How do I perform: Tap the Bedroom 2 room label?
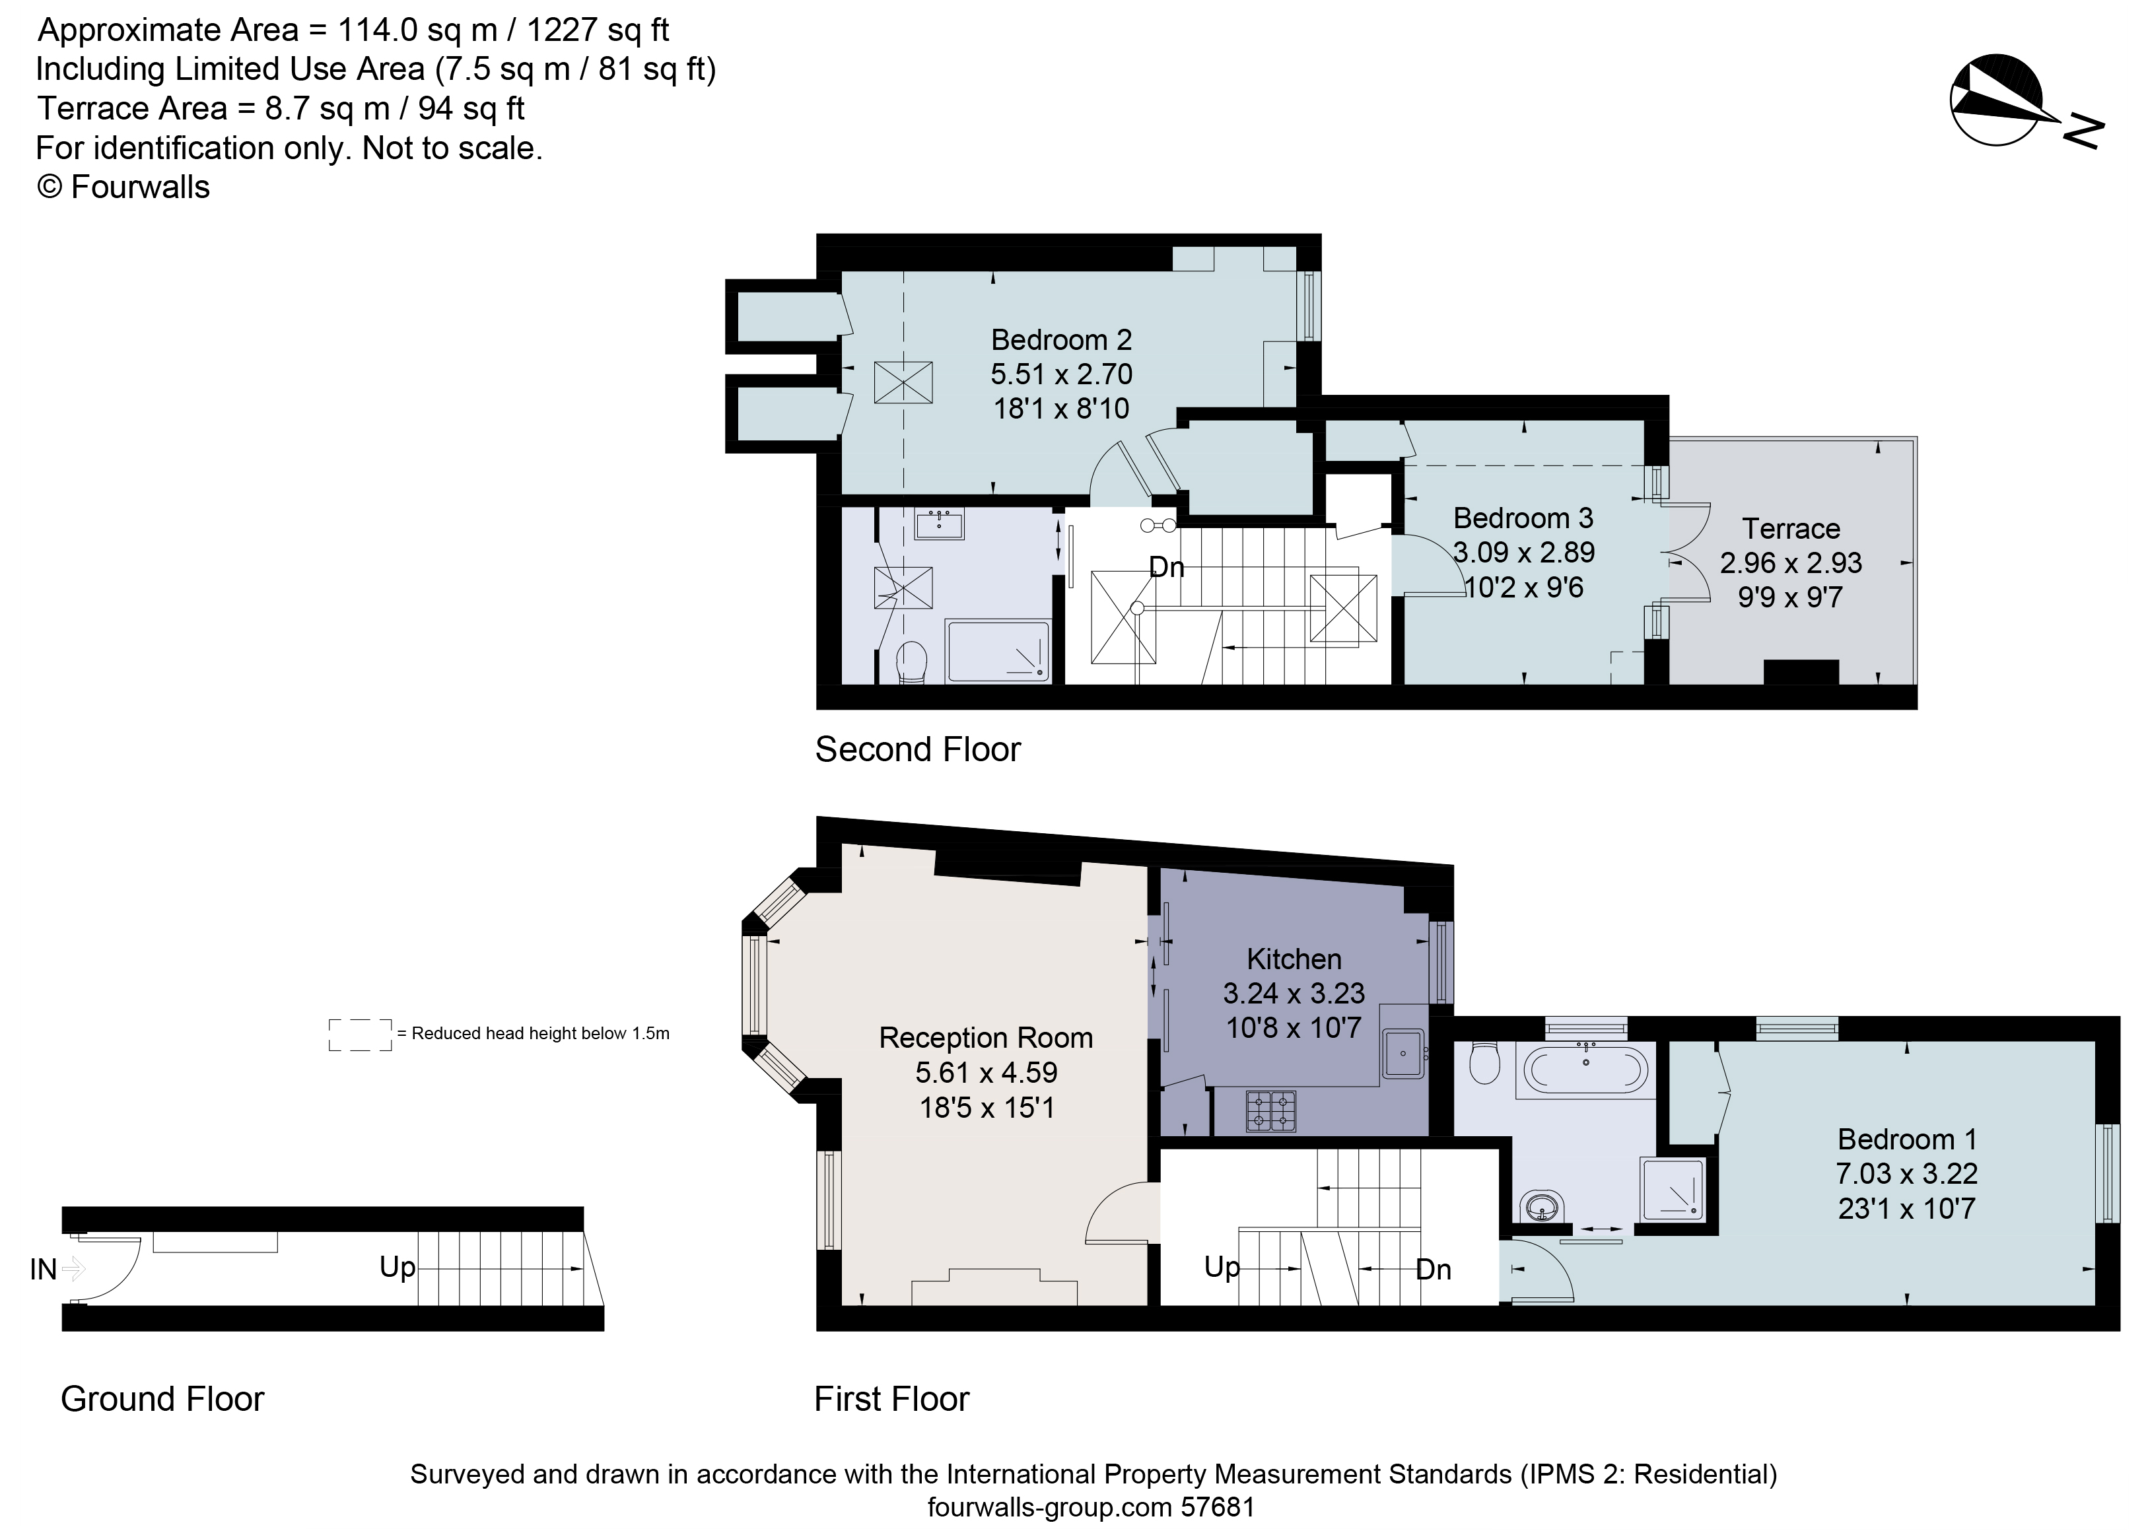[x=1061, y=339]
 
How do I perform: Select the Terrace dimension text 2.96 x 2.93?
[x=1789, y=562]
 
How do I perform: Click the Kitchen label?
[x=1293, y=959]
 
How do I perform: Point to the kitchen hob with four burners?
[x=1271, y=1110]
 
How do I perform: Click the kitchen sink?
[x=1404, y=1052]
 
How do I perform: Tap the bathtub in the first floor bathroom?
[x=1586, y=1071]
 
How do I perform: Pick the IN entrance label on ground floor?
[x=44, y=1270]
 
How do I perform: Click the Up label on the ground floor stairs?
[x=397, y=1266]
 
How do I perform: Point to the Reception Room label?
[x=985, y=1038]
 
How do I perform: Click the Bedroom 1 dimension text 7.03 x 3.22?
[x=1906, y=1174]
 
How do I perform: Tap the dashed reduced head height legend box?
[x=359, y=1034]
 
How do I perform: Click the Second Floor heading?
[x=917, y=749]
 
